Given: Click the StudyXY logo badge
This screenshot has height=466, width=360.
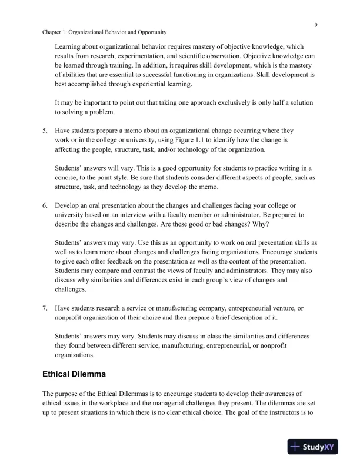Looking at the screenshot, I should (316, 447).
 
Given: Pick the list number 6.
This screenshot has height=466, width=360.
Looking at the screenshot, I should (46, 205).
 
